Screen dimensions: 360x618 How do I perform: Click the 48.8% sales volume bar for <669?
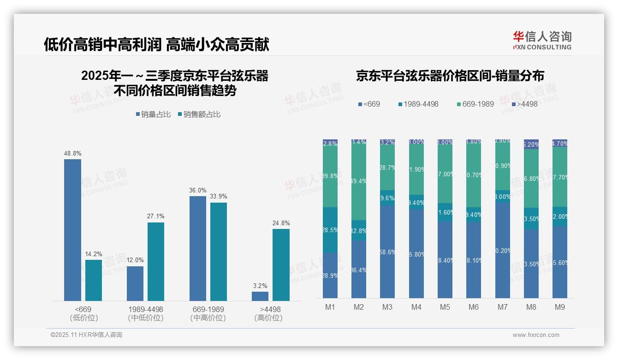pyautogui.click(x=72, y=230)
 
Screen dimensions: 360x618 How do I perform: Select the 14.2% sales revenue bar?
pyautogui.click(x=94, y=280)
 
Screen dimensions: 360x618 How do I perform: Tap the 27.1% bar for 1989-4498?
pyautogui.click(x=156, y=261)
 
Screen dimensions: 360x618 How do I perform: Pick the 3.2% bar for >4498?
pyautogui.click(x=260, y=296)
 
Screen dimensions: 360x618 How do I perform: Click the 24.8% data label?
pyautogui.click(x=281, y=223)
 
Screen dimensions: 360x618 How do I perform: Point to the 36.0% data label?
pyautogui.click(x=198, y=190)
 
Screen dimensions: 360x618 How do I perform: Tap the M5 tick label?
pyautogui.click(x=445, y=307)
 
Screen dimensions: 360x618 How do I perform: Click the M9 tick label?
pyautogui.click(x=560, y=307)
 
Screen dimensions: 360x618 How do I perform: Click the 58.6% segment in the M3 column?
pyautogui.click(x=387, y=252)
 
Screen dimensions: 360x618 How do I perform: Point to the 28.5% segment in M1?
pyautogui.click(x=330, y=230)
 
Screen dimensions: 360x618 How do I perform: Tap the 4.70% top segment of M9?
pyautogui.click(x=560, y=143)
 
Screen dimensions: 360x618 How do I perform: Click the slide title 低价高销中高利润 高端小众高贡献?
pyautogui.click(x=156, y=44)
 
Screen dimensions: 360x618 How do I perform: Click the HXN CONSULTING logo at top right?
pyautogui.click(x=542, y=41)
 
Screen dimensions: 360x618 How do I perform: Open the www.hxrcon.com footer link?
pyautogui.click(x=536, y=335)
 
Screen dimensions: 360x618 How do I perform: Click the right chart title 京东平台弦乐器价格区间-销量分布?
pyautogui.click(x=450, y=76)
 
